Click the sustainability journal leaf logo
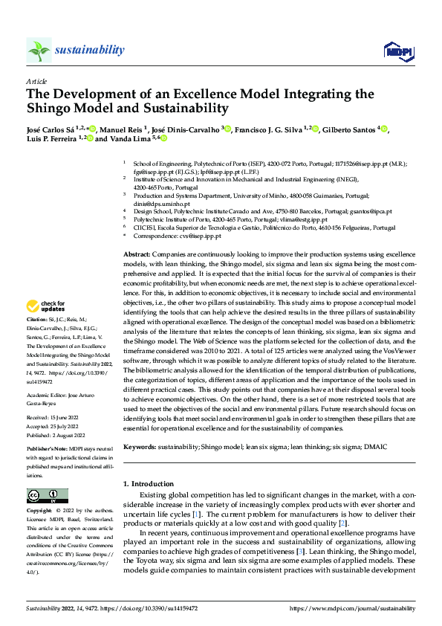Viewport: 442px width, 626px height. pos(39,50)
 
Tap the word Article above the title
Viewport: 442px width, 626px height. pos(36,81)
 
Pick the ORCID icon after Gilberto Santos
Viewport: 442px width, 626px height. pos(384,129)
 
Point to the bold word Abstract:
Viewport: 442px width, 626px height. pos(138,254)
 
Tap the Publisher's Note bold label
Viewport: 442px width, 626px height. pos(46,451)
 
